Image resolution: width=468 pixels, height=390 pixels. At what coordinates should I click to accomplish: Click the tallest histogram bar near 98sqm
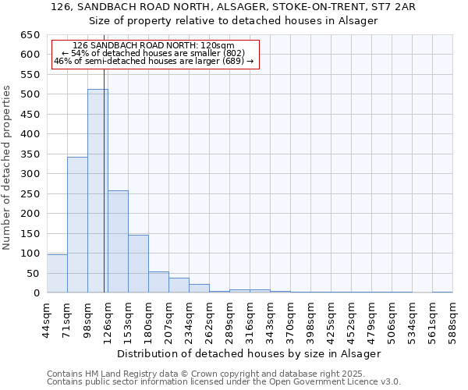click(97, 191)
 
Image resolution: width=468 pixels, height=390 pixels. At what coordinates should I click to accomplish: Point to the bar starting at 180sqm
click(158, 282)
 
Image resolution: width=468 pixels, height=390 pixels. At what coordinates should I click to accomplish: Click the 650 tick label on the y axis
click(28, 35)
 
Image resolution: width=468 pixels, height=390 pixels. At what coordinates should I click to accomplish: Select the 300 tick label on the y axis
click(28, 174)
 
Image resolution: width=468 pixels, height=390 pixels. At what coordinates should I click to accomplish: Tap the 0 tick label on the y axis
click(36, 293)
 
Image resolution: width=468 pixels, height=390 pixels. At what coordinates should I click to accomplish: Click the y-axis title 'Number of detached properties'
click(8, 168)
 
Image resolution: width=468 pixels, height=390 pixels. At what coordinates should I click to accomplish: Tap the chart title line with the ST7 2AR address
click(233, 7)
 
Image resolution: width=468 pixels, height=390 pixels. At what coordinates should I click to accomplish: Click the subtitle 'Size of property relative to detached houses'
click(233, 20)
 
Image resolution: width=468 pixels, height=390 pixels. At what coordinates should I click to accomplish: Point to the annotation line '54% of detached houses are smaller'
click(153, 53)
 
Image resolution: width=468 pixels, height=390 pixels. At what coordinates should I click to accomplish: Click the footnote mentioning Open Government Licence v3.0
click(224, 382)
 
